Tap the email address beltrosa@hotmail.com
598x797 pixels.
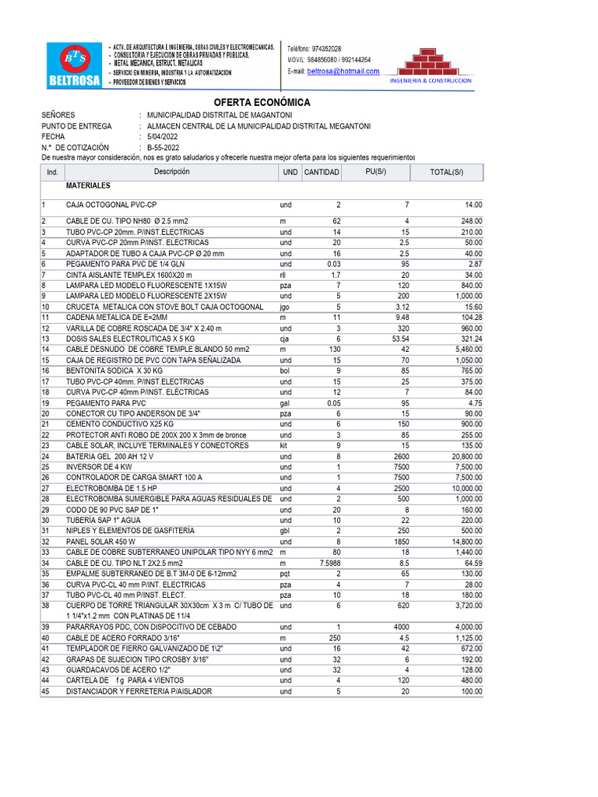pyautogui.click(x=343, y=71)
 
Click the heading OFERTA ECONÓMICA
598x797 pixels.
pyautogui.click(x=262, y=103)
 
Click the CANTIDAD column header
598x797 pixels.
pyautogui.click(x=321, y=172)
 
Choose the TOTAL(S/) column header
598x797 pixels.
pyautogui.click(x=446, y=172)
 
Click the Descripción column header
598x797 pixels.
pyautogui.click(x=171, y=172)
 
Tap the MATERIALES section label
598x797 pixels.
pyautogui.click(x=88, y=187)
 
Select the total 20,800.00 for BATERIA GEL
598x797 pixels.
pyautogui.click(x=464, y=457)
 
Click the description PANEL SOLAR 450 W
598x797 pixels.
pyautogui.click(x=100, y=541)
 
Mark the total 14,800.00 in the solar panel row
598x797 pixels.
pyautogui.click(x=464, y=541)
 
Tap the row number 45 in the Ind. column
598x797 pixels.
pyautogui.click(x=45, y=691)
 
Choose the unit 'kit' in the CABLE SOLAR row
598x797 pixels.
pyautogui.click(x=284, y=446)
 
